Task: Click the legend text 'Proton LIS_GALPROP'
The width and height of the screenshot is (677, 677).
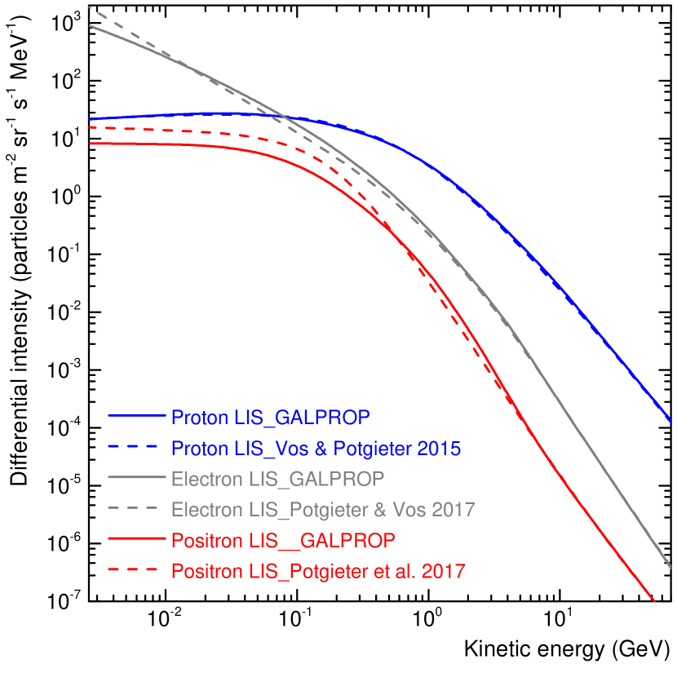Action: click(x=270, y=418)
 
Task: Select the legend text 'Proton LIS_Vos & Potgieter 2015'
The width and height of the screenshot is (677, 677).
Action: click(x=316, y=449)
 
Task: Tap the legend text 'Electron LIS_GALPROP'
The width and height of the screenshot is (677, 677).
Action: click(x=277, y=479)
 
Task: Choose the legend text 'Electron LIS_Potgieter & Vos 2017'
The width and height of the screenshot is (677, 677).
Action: click(x=322, y=510)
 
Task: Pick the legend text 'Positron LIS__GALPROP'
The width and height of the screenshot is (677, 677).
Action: click(x=283, y=541)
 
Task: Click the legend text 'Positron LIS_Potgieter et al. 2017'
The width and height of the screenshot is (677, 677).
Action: click(x=318, y=572)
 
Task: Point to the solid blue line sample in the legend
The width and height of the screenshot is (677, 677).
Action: click(x=136, y=416)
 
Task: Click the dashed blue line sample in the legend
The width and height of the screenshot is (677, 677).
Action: click(x=132, y=447)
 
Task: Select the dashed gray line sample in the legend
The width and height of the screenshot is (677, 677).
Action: click(x=132, y=508)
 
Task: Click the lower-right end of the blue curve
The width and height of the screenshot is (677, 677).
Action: click(x=670, y=421)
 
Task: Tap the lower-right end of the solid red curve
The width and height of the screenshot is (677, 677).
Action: click(x=654, y=601)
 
